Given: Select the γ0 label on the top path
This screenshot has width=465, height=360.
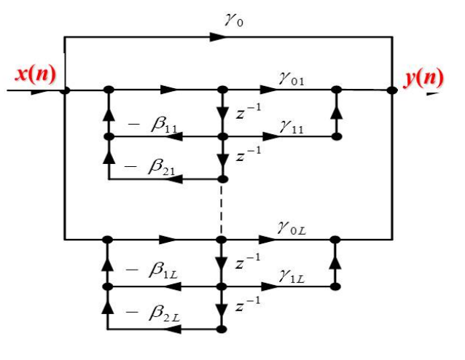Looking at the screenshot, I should pyautogui.click(x=234, y=21).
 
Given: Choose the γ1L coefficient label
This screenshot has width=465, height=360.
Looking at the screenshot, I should pyautogui.click(x=294, y=275).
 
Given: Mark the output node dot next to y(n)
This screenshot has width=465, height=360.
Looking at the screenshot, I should pyautogui.click(x=392, y=90).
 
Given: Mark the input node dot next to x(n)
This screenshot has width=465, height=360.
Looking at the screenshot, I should pyautogui.click(x=64, y=90).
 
